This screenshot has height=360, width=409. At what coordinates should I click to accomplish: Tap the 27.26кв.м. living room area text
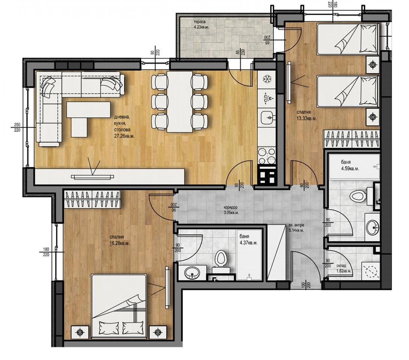click(124, 136)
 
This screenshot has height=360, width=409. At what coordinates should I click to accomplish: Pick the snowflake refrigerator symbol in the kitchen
click(267, 79)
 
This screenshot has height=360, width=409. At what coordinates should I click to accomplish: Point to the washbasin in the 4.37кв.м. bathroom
click(193, 273)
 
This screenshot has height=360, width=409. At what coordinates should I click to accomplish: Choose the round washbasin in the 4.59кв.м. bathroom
click(372, 226)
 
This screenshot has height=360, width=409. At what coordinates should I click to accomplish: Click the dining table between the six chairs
click(179, 102)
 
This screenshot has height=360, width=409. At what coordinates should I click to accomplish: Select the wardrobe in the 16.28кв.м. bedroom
click(93, 198)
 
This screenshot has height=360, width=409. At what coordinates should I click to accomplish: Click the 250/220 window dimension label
click(17, 127)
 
